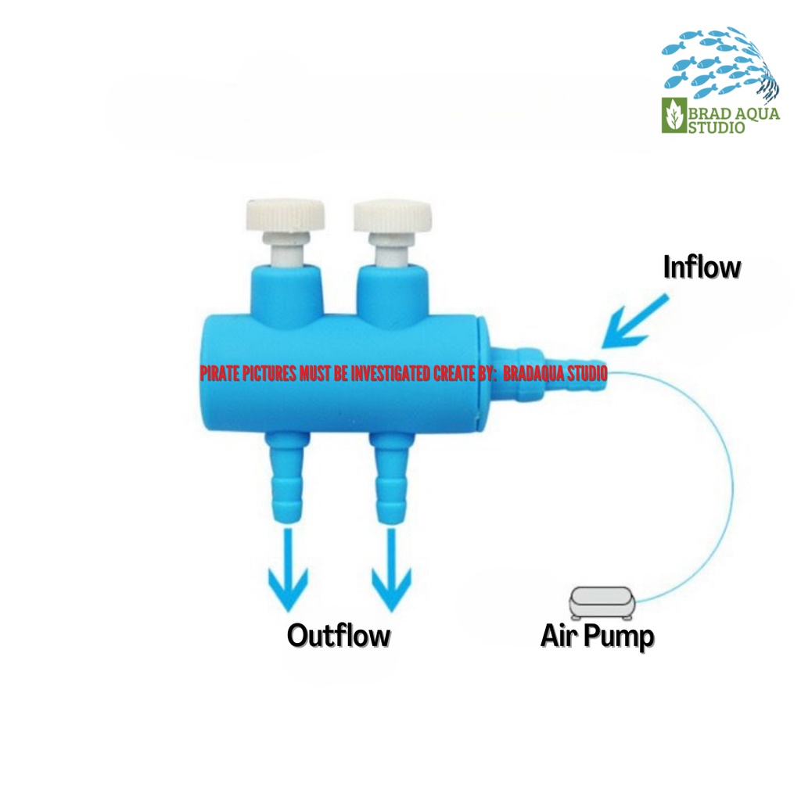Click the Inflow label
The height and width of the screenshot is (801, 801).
[702, 268]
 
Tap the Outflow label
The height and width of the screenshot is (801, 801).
[338, 635]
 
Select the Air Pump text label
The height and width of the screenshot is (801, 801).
[597, 637]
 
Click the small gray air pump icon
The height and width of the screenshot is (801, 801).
[602, 602]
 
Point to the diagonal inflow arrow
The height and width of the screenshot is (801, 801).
[638, 322]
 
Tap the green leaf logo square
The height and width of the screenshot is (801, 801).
[673, 116]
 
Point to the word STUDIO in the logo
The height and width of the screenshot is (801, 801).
[716, 128]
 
